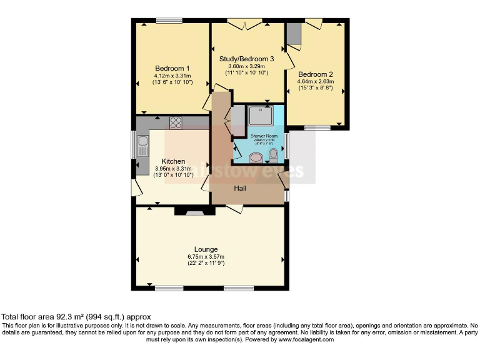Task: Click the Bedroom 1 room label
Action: coord(172,68)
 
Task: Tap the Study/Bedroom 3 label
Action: coord(247,59)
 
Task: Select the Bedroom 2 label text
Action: coord(316,74)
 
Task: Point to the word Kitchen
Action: coord(174,161)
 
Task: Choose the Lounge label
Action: coord(206,249)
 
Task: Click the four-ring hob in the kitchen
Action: coord(176,123)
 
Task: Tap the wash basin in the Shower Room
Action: coord(256,157)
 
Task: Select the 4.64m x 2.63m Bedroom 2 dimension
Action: coord(316,81)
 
